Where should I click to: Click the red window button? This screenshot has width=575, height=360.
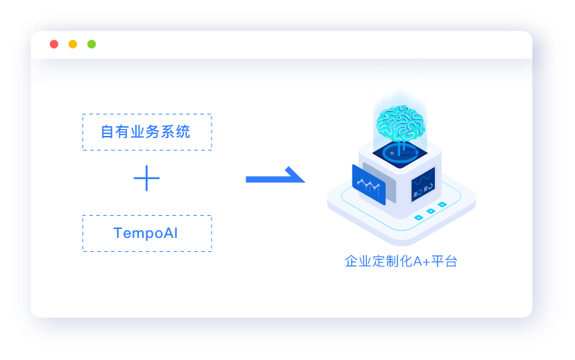click(54, 44)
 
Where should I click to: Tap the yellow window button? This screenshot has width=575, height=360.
click(73, 44)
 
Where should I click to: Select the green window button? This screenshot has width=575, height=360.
click(92, 44)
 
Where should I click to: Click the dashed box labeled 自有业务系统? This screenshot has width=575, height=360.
click(146, 132)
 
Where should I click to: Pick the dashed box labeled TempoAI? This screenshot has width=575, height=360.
click(146, 233)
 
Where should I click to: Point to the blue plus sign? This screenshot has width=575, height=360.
click(146, 179)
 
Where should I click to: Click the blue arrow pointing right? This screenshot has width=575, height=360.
click(275, 177)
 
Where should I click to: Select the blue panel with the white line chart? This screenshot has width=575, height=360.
click(368, 185)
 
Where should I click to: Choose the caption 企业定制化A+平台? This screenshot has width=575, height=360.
click(401, 262)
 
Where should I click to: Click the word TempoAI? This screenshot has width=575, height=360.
click(146, 233)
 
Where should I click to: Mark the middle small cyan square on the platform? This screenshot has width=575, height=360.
click(431, 211)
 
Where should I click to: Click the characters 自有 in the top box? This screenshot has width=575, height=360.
click(115, 132)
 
